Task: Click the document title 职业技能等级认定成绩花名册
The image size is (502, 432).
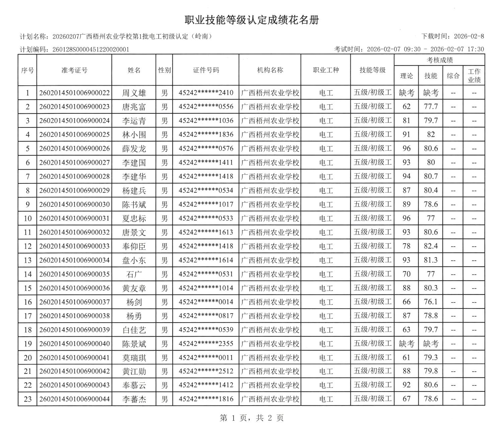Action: click(x=252, y=20)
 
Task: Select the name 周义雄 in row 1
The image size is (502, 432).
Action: click(x=134, y=93)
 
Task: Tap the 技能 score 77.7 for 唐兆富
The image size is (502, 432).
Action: click(x=431, y=107)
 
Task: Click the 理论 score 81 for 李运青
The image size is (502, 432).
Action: click(x=406, y=120)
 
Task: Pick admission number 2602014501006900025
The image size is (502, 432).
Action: click(x=74, y=135)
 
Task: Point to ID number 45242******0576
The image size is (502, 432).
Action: click(x=206, y=149)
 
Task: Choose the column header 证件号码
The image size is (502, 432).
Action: click(x=206, y=70)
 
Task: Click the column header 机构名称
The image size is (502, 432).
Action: click(x=270, y=70)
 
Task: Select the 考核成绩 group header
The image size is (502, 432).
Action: click(x=439, y=60)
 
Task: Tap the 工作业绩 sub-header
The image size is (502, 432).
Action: click(x=474, y=76)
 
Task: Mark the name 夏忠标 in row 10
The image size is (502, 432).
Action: click(x=134, y=219)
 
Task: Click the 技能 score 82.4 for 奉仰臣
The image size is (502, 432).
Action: click(x=431, y=246)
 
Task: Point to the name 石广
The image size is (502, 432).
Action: click(x=134, y=274)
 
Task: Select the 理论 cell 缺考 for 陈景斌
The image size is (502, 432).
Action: click(x=406, y=344)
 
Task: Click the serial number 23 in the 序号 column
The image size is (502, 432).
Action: click(x=27, y=399)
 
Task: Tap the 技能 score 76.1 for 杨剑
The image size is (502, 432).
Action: click(x=431, y=302)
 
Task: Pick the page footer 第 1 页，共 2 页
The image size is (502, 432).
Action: click(x=252, y=418)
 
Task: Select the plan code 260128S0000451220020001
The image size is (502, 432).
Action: click(x=91, y=50)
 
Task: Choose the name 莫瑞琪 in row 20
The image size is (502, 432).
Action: click(x=134, y=358)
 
